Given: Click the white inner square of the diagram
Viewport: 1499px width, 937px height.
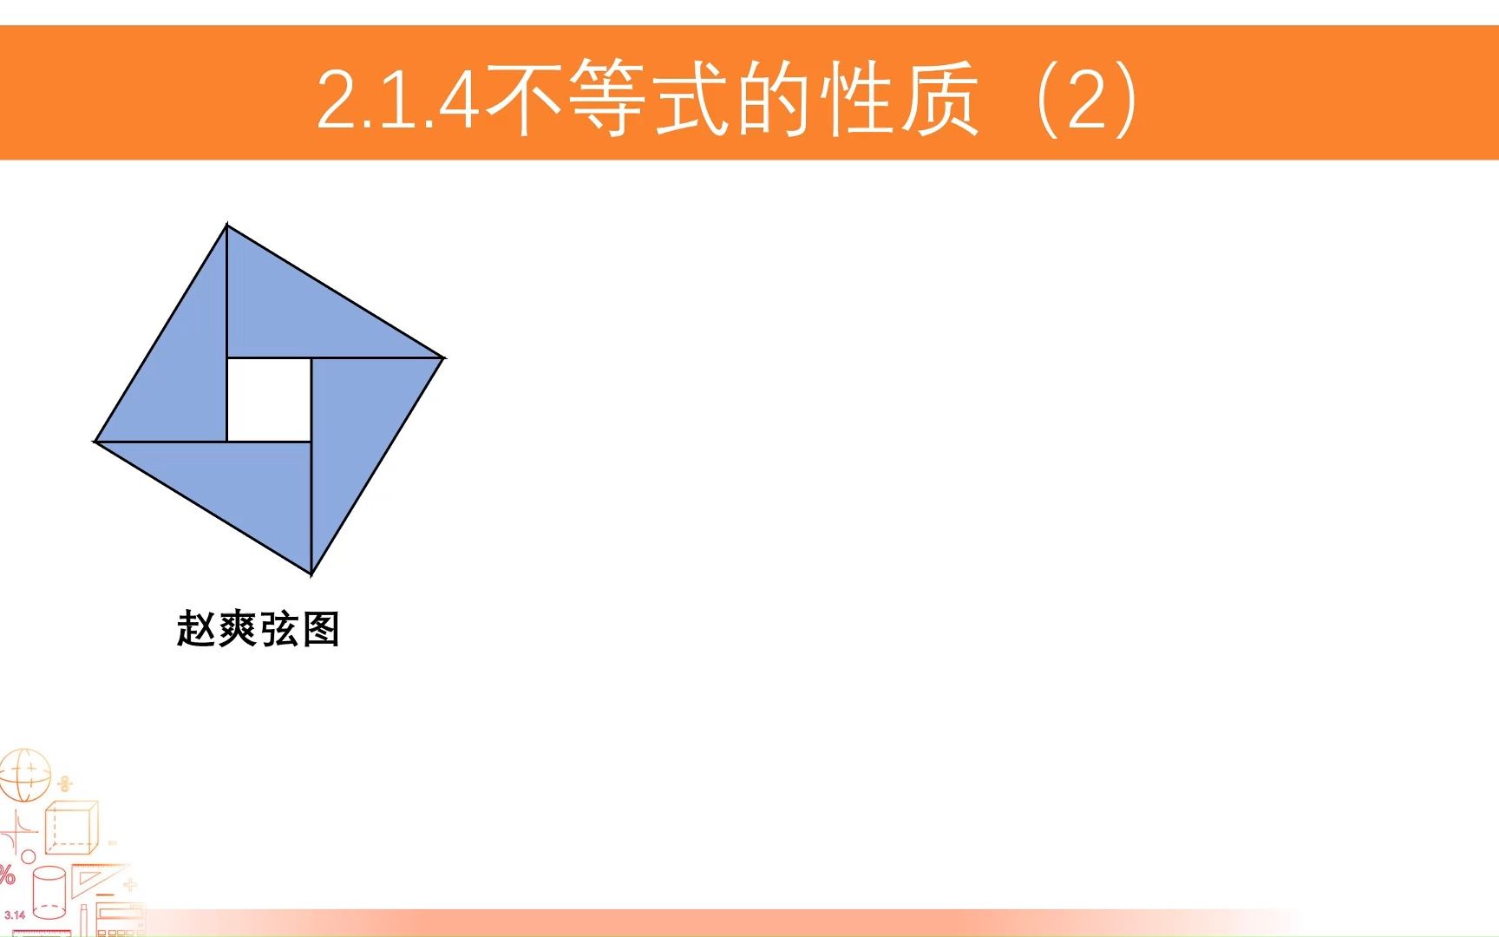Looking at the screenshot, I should pos(269,399).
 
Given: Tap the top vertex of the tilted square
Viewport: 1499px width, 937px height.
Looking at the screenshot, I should pos(227,226).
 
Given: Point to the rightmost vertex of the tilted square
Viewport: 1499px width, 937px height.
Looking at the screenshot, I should pos(443,357).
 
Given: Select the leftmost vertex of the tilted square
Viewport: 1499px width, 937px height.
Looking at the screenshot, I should pos(95,441).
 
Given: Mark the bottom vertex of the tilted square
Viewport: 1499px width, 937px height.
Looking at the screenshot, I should pos(311,573).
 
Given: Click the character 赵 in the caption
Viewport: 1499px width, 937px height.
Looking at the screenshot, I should pos(196,629).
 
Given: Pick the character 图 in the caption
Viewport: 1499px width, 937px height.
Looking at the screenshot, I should pos(320,629).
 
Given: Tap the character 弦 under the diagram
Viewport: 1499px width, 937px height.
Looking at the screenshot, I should pos(278,629).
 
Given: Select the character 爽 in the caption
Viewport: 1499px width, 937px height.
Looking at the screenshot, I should pos(237,629).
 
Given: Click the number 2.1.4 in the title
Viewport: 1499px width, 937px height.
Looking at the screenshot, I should pos(398,100).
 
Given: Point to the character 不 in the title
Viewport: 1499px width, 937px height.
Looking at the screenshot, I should pos(524,98).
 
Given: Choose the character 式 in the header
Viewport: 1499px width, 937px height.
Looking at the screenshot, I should pos(692,98).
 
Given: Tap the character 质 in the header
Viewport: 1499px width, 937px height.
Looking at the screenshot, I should pos(940,98).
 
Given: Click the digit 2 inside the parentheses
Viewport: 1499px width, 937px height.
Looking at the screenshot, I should pos(1088,100).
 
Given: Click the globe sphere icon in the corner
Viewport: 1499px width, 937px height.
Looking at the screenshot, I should pos(24,775).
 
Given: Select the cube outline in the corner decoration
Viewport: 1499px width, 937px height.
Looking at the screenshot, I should pos(71,828).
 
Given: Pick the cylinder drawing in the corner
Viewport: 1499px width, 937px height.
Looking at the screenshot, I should pos(49,892).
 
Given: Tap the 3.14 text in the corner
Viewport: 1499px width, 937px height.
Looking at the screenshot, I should pos(15,915).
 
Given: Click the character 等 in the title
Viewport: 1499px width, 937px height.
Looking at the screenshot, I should pos(608,98).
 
